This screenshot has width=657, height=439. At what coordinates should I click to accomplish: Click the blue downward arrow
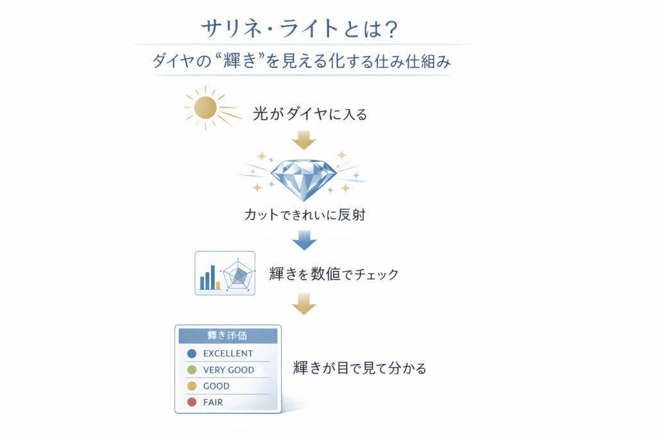point(303,240)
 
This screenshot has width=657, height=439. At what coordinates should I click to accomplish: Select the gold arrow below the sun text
point(303,139)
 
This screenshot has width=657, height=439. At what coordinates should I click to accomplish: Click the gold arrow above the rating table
point(303,303)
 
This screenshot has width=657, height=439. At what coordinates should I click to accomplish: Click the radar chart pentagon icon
point(239,275)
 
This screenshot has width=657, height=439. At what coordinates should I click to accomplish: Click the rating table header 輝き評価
point(228,336)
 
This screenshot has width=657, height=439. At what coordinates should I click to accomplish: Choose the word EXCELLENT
point(228,354)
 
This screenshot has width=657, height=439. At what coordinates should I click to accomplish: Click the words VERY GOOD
point(228,370)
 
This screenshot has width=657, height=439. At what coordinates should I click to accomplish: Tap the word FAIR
point(213,403)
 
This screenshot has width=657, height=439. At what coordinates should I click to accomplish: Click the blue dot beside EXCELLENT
point(191,354)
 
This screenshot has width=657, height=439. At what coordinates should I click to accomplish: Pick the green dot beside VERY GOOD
point(191,370)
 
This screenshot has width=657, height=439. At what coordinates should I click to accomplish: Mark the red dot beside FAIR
point(191,403)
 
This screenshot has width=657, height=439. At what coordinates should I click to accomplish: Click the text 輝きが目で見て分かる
point(359,369)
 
